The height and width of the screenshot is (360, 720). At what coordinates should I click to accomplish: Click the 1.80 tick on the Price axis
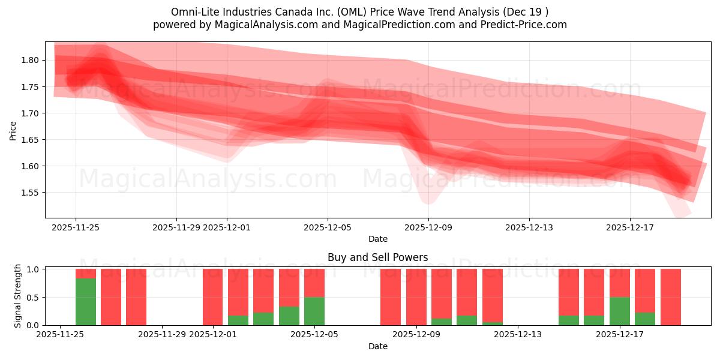click(31, 60)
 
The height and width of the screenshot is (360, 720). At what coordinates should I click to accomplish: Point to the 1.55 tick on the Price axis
click(31, 193)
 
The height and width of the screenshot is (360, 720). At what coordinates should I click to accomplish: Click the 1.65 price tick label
click(31, 140)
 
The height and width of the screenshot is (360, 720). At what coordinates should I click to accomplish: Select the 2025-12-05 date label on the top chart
click(327, 227)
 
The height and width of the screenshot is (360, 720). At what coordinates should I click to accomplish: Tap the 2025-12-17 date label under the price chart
click(629, 227)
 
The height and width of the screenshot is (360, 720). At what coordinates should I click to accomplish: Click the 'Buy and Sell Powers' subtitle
click(377, 257)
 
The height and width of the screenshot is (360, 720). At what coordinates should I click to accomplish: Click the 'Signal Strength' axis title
click(18, 296)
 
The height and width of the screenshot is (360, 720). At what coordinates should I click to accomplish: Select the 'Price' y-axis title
click(13, 130)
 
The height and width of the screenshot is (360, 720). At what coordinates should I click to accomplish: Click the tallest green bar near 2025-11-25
click(86, 302)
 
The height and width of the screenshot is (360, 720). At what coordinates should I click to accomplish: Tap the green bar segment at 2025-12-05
click(314, 311)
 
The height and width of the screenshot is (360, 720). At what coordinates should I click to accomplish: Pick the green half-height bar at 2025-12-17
click(620, 311)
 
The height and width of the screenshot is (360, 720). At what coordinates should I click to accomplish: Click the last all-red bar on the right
click(670, 297)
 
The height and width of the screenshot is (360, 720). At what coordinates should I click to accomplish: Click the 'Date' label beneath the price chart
click(377, 239)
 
